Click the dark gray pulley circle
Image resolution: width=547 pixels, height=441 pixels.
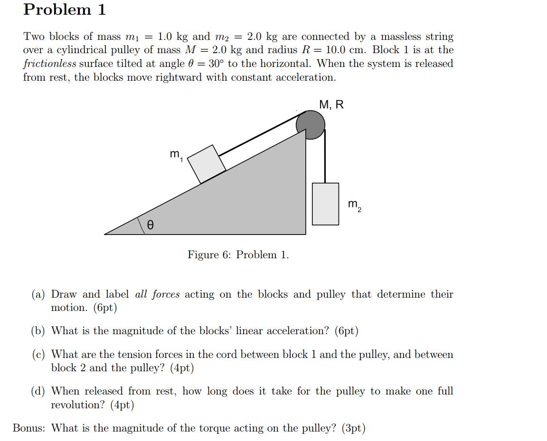pos(311,124)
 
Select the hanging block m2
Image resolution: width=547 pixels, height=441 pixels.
pos(325,204)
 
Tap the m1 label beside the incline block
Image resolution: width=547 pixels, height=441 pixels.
pos(176,154)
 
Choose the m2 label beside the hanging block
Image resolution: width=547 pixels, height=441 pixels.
pos(354,205)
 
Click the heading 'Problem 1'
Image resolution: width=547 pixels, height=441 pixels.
pos(65,9)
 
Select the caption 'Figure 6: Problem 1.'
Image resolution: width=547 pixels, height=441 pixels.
pos(238,255)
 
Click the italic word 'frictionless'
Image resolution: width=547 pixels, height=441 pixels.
pos(49,64)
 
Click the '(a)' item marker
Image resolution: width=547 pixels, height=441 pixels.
pos(38,295)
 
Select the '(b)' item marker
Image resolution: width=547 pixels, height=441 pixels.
pos(38,331)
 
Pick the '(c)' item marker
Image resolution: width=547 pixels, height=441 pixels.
pos(38,355)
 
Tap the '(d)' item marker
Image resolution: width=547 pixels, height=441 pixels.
pos(38,392)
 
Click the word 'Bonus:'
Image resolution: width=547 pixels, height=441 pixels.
pos(29,428)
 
